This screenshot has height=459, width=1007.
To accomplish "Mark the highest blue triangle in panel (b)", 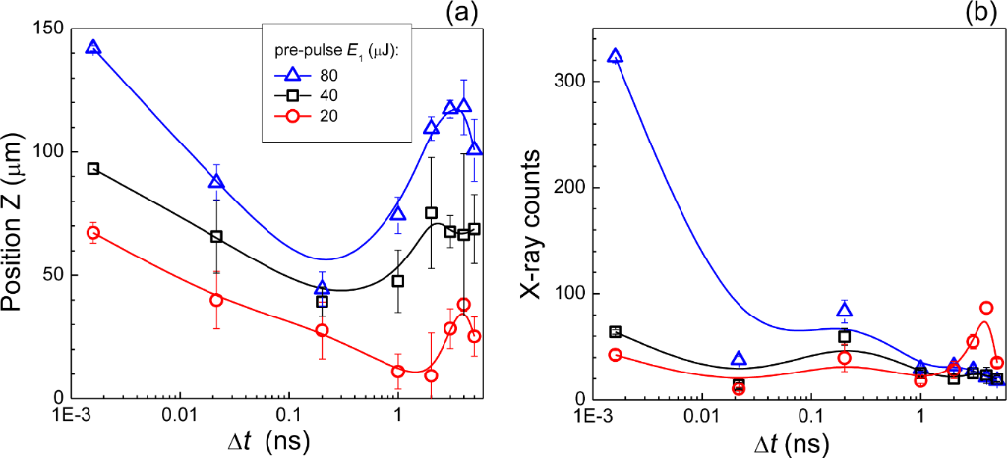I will pos(616,56).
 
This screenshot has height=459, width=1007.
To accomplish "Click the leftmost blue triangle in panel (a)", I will pos(93,47).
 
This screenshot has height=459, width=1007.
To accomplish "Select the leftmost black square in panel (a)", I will pos(93,169).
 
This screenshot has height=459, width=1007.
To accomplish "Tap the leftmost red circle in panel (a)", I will pos(93,233).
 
